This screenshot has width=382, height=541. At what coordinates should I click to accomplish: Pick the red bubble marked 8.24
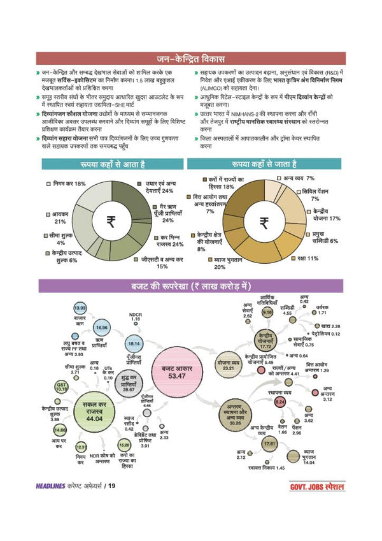(279, 402)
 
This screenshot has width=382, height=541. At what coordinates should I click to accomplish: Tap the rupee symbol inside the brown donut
(264, 222)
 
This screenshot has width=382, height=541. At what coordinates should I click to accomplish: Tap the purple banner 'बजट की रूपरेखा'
(190, 285)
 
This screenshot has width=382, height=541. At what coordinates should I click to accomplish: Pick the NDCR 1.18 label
(135, 316)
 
